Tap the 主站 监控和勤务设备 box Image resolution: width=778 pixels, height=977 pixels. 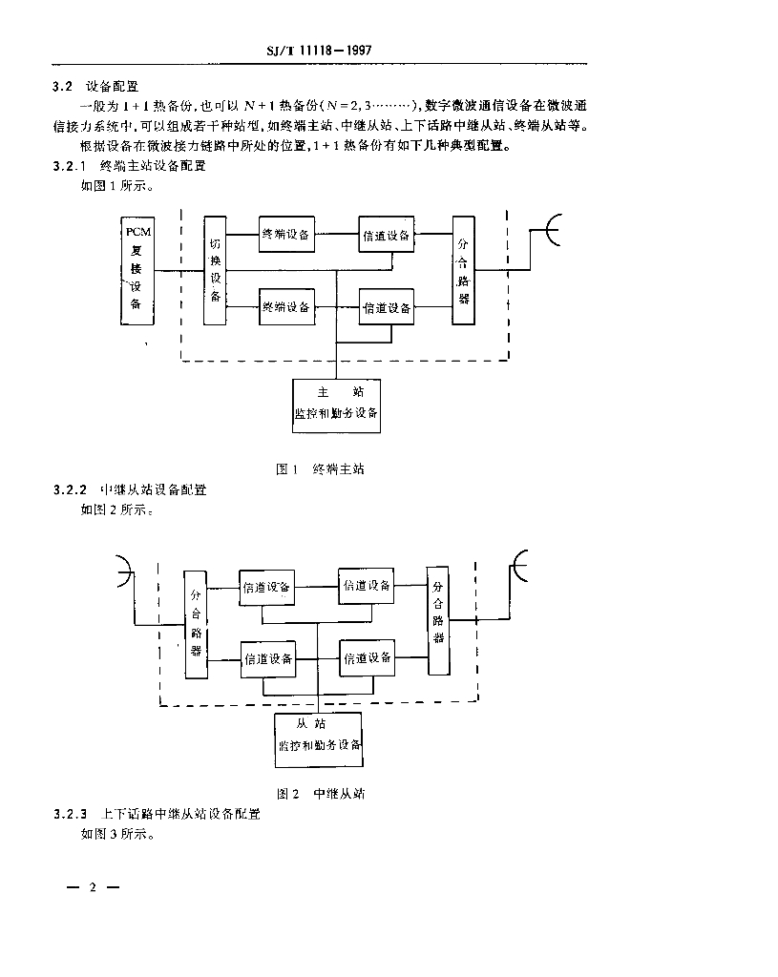[336, 405]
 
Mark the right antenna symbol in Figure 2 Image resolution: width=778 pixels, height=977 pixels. [520, 568]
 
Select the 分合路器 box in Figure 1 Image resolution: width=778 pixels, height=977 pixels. [464, 269]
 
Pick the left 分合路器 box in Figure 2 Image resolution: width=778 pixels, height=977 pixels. [196, 622]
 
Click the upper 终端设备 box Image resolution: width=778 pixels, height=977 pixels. [286, 235]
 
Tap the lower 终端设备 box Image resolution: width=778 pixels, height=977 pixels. [286, 306]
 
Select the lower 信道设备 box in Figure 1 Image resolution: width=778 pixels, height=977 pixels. [387, 307]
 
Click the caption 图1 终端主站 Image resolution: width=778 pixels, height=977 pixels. [320, 468]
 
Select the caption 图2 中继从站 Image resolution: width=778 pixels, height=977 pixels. [321, 793]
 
